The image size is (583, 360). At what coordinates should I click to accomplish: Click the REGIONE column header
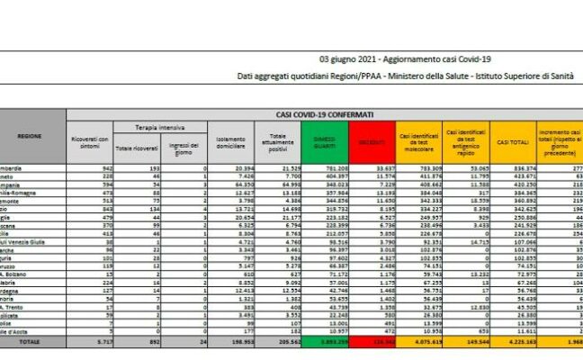click(29, 134)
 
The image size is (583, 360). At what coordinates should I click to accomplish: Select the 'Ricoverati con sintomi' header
click(90, 142)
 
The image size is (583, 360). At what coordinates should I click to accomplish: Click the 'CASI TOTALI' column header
click(513, 142)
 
